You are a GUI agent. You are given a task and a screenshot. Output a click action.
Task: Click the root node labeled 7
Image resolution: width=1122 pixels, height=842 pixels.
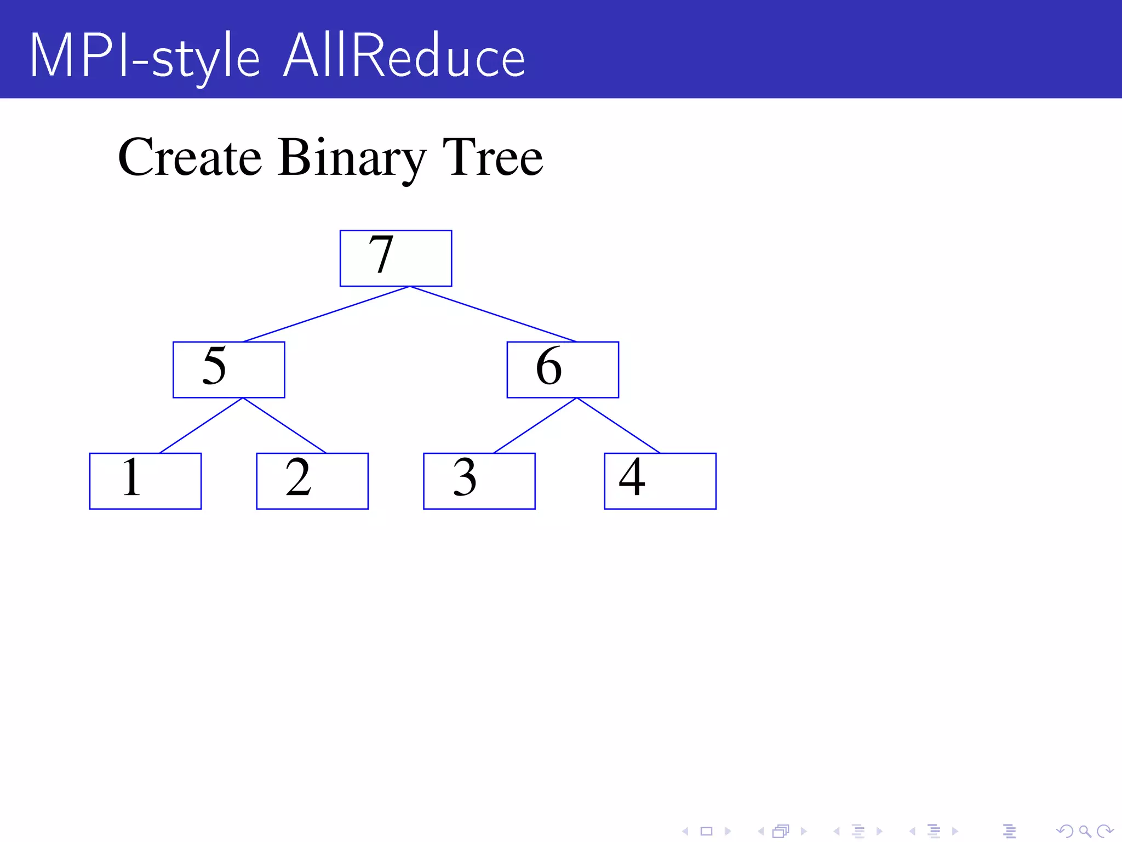click(x=396, y=258)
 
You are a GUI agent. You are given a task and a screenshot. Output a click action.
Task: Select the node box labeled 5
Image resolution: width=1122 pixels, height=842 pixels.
click(x=228, y=369)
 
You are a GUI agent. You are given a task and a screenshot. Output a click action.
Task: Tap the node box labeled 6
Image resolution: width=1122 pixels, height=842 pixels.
click(x=563, y=369)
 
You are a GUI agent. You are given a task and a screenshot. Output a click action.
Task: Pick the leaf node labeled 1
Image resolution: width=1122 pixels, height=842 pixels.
click(x=145, y=481)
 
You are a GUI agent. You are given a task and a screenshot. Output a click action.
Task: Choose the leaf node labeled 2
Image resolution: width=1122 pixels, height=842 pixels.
click(x=312, y=481)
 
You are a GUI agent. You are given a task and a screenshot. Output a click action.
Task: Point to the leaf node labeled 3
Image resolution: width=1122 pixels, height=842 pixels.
click(x=479, y=481)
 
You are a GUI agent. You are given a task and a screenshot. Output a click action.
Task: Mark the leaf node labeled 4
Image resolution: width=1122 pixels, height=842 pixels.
click(x=660, y=481)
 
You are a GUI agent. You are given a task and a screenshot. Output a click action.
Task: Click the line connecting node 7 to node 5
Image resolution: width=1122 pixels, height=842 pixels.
click(x=326, y=314)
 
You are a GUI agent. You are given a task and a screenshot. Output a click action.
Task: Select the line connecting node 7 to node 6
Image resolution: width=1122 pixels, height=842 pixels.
click(x=493, y=314)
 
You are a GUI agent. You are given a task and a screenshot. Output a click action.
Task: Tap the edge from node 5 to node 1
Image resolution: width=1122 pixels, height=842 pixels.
click(x=201, y=425)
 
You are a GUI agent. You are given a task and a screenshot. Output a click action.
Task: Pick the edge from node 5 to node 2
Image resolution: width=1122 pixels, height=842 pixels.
click(x=284, y=425)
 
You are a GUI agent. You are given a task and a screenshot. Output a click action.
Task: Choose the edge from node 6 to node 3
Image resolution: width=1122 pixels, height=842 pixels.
click(x=535, y=425)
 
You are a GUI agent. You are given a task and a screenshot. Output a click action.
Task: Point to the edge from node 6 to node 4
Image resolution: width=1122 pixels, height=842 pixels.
click(x=619, y=425)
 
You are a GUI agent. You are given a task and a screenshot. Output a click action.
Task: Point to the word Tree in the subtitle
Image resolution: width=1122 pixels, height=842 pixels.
click(x=493, y=157)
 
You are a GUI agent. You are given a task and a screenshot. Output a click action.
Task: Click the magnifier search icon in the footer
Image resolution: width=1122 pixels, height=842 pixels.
click(x=1085, y=832)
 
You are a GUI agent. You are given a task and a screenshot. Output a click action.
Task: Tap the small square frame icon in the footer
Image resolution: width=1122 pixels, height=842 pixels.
click(x=707, y=832)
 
